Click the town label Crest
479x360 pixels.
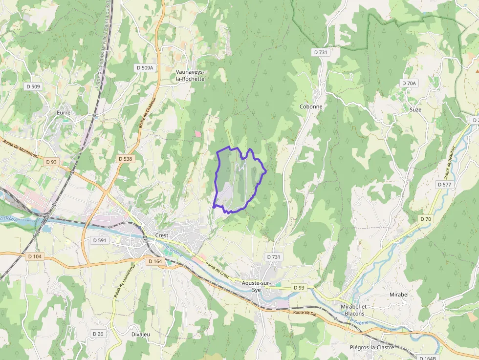(x=161, y=235)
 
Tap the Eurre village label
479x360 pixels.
(x=64, y=113)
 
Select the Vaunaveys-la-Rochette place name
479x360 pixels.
(x=190, y=75)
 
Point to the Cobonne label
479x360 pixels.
(x=310, y=106)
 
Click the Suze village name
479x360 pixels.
(x=415, y=109)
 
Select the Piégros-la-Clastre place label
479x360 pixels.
(x=372, y=348)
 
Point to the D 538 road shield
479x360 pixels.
(x=125, y=159)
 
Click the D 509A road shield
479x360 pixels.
(x=144, y=68)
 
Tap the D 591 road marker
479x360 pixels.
(x=99, y=240)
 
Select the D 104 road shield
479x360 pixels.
(x=35, y=256)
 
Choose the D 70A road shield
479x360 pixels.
(x=409, y=84)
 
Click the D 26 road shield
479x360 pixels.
(x=98, y=334)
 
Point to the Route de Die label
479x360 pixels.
(x=305, y=313)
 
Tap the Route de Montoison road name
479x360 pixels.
(x=21, y=148)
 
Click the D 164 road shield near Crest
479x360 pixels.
(x=154, y=261)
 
